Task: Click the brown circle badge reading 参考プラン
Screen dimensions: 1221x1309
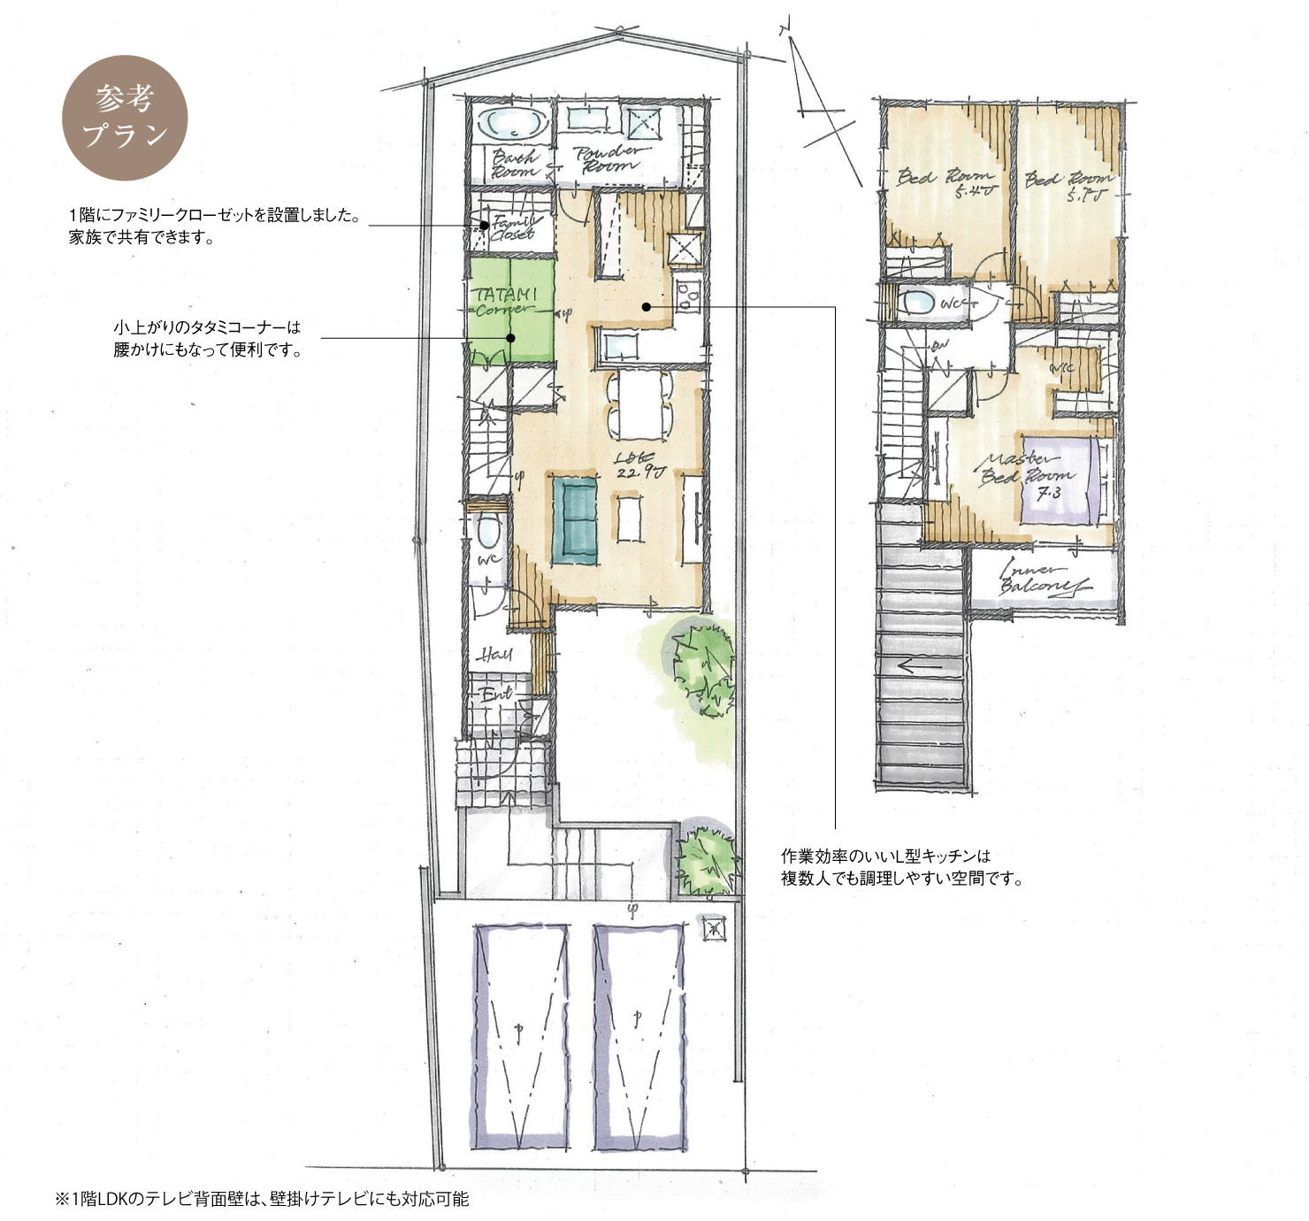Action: [x=125, y=118]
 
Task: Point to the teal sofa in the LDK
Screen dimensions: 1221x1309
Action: [x=576, y=520]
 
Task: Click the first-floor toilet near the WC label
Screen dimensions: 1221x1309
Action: [x=487, y=532]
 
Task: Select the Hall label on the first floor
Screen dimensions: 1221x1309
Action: [x=494, y=655]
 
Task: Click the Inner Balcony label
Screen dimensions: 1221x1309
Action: [x=1044, y=580]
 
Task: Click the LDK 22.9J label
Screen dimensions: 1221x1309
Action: [x=639, y=465]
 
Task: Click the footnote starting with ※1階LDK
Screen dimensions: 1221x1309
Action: [x=262, y=1199]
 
